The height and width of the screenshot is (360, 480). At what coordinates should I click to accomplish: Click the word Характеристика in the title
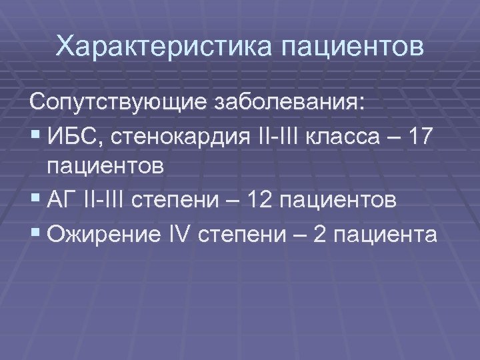click(x=163, y=47)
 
